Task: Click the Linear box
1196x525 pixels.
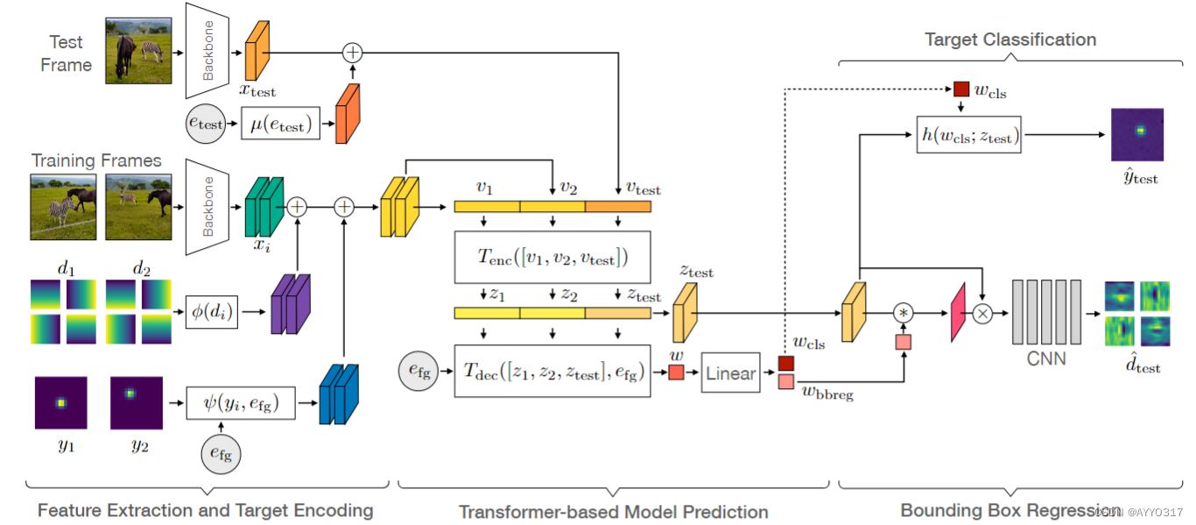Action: coord(729,373)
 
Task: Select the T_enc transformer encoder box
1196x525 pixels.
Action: coord(552,258)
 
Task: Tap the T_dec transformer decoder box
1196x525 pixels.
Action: coord(552,372)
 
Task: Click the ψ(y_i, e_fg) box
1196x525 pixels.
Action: coord(243,403)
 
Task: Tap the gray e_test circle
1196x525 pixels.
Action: coord(206,124)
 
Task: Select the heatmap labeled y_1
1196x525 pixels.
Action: coord(60,403)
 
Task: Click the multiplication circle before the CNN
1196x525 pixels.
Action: coord(981,313)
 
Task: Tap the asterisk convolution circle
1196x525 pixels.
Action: coord(903,312)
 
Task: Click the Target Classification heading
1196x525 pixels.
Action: coord(1010,39)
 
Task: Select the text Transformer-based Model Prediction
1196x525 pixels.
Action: coord(613,512)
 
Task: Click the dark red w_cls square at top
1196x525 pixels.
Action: coord(960,89)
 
